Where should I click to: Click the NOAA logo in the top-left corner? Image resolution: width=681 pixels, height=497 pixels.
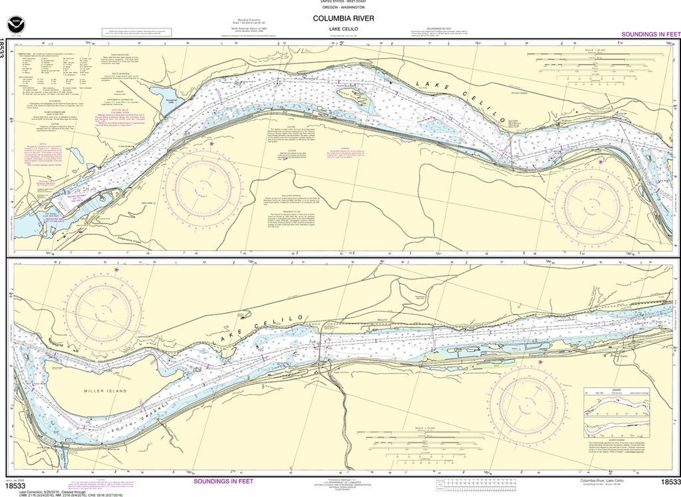coord(15,25)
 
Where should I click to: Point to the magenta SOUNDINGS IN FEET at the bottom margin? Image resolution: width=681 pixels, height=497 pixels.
coord(223,480)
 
